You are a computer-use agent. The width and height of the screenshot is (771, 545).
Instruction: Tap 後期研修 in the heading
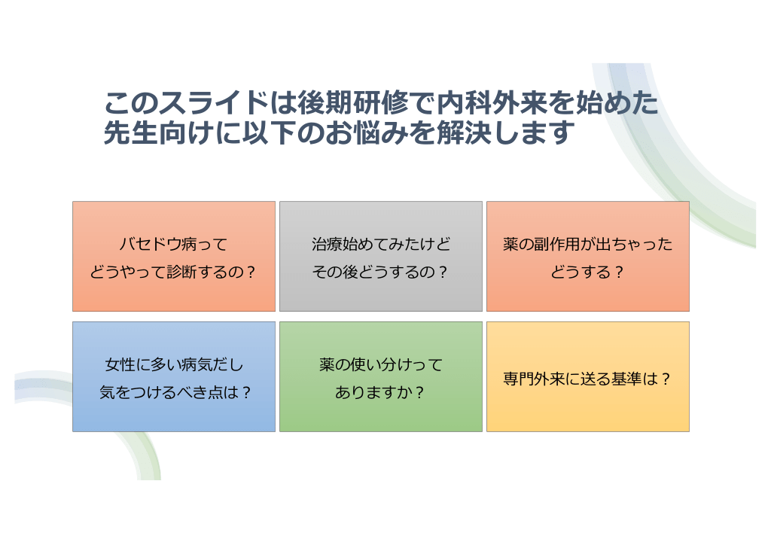tap(352, 102)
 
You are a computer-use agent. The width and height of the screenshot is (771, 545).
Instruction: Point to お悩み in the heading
tap(366, 132)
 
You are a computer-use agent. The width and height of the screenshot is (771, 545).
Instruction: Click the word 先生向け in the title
tap(159, 132)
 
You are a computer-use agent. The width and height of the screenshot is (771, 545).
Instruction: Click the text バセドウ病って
tap(174, 244)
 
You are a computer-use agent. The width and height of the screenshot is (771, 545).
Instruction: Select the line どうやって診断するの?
tap(173, 272)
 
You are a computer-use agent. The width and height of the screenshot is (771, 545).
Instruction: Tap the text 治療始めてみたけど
tap(380, 244)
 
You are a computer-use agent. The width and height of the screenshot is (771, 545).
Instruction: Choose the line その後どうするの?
tap(380, 272)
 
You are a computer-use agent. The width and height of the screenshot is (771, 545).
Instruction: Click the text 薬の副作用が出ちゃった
tap(587, 244)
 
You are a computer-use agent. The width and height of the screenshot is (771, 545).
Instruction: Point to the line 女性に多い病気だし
tap(174, 364)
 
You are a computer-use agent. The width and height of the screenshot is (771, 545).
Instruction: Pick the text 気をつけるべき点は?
tap(175, 392)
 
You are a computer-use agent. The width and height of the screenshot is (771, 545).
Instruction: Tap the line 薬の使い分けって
tap(380, 364)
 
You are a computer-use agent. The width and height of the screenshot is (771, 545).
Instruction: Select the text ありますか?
tap(379, 392)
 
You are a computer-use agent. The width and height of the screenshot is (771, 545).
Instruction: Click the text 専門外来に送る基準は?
tap(587, 379)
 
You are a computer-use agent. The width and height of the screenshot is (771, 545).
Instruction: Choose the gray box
tap(380, 256)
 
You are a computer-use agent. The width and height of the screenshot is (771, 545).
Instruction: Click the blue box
tap(174, 376)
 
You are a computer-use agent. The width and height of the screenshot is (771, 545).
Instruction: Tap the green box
tap(380, 376)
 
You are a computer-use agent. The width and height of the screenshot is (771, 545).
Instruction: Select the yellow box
tap(587, 376)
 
